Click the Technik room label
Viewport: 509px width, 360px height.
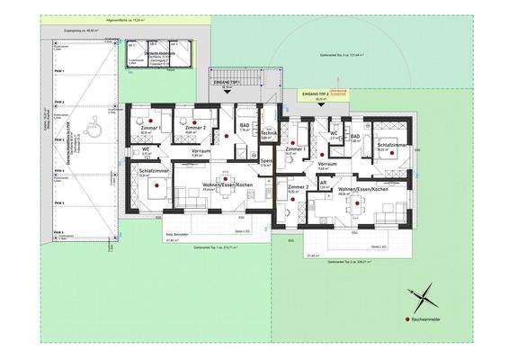[x=266, y=132]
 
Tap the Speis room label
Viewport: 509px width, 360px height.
[x=265, y=161]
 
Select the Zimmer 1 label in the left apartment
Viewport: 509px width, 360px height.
[x=150, y=129]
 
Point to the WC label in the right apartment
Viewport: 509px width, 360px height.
[x=334, y=132]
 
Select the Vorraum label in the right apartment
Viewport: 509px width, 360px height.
[x=327, y=165]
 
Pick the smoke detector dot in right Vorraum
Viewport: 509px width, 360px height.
[x=321, y=154]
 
